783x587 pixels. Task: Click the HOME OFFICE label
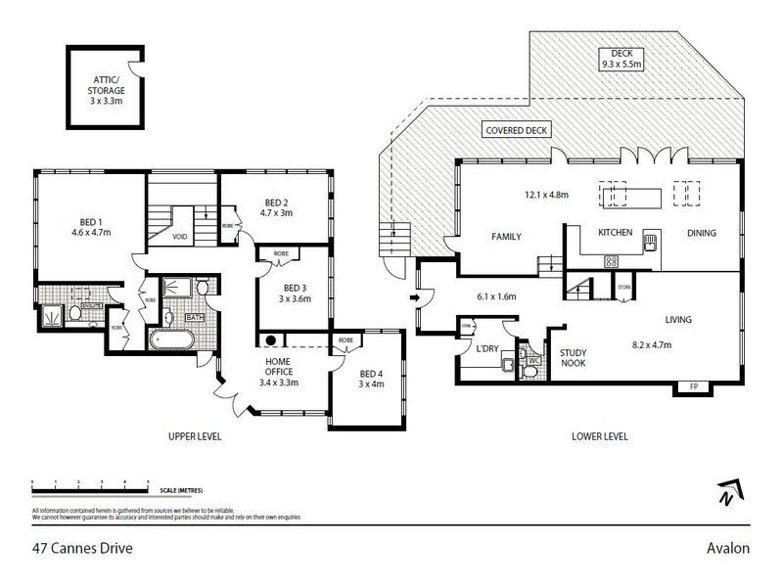click(278, 364)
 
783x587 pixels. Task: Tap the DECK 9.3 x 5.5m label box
click(623, 59)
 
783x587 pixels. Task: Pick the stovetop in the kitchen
click(612, 261)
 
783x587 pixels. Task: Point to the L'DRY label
click(487, 349)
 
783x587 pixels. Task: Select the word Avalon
click(729, 548)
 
